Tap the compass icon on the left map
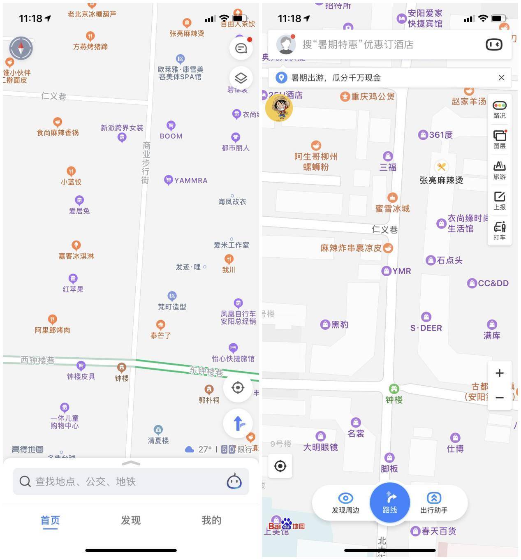pyautogui.click(x=21, y=48)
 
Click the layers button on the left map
pyautogui.click(x=241, y=78)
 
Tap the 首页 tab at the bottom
pyautogui.click(x=50, y=521)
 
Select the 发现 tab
pyautogui.click(x=131, y=521)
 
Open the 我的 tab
pyautogui.click(x=211, y=521)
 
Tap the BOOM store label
pyautogui.click(x=171, y=136)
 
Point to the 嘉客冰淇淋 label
pyautogui.click(x=76, y=256)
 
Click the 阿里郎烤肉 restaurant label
pyautogui.click(x=52, y=330)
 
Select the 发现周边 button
pyautogui.click(x=345, y=503)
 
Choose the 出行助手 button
pyautogui.click(x=434, y=503)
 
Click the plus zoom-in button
pyautogui.click(x=500, y=373)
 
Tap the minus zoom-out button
pyautogui.click(x=500, y=398)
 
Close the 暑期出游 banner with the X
pyautogui.click(x=501, y=78)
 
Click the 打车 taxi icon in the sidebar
pyautogui.click(x=500, y=231)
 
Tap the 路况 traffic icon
pyautogui.click(x=500, y=109)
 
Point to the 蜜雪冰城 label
pyautogui.click(x=392, y=208)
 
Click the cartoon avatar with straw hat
pyautogui.click(x=279, y=108)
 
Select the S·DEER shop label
pyautogui.click(x=426, y=328)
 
